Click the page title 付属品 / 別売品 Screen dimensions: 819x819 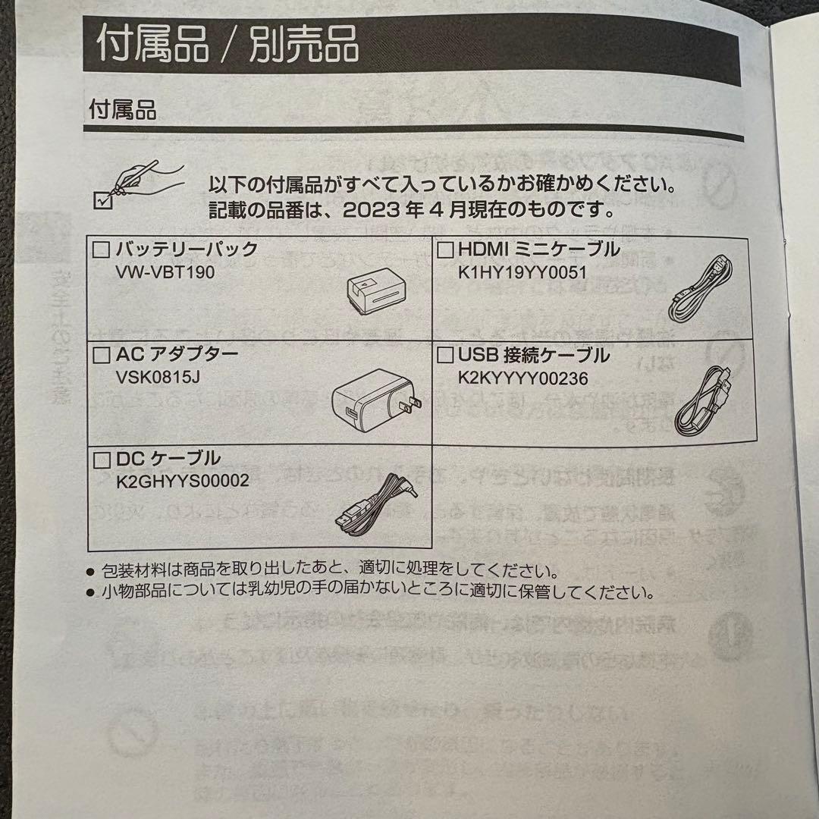(x=227, y=44)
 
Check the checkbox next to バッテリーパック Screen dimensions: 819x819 (x=101, y=249)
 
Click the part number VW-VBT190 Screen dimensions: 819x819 (x=162, y=271)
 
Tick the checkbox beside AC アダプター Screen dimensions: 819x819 (x=101, y=353)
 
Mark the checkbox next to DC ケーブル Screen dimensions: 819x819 (x=101, y=459)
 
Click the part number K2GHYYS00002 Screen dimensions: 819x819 (x=183, y=481)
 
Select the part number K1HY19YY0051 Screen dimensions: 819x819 (x=523, y=271)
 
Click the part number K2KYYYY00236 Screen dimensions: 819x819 (x=523, y=377)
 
